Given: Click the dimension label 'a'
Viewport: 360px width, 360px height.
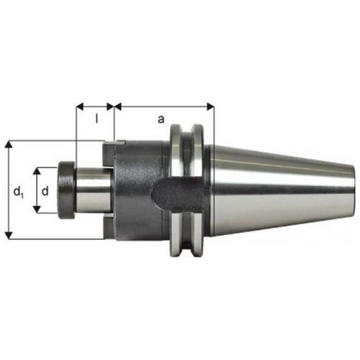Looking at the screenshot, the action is pyautogui.click(x=161, y=119).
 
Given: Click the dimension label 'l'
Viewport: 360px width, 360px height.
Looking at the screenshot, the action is pyautogui.click(x=97, y=118).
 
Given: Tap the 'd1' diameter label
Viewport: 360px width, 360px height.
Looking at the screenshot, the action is pyautogui.click(x=18, y=191).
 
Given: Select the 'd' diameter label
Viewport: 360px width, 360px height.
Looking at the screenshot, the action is pyautogui.click(x=45, y=191).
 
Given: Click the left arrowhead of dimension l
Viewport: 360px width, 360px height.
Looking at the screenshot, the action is pyautogui.click(x=80, y=106).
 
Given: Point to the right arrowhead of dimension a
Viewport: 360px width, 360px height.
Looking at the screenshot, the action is pyautogui.click(x=210, y=106).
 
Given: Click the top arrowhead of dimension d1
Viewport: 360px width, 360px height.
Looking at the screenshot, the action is pyautogui.click(x=9, y=145).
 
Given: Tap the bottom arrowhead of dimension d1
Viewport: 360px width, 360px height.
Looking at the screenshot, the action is pyautogui.click(x=9, y=235).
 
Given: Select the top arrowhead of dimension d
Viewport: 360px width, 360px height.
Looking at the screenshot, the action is pyautogui.click(x=38, y=172).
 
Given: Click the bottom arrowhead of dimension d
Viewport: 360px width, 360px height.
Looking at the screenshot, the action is pyautogui.click(x=38, y=209).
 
